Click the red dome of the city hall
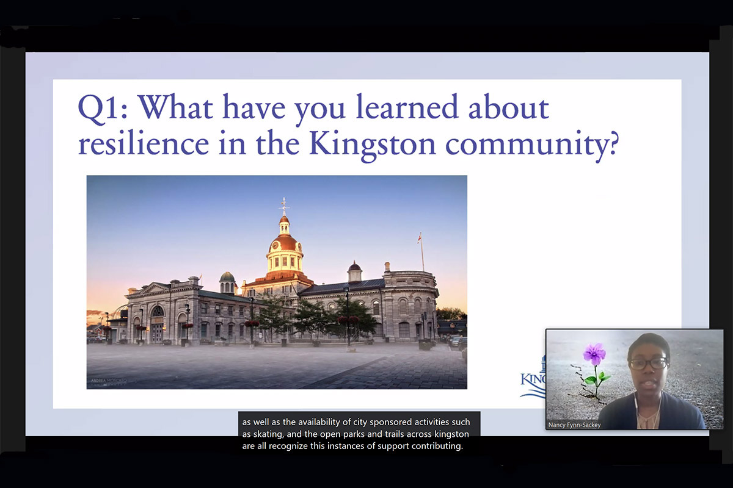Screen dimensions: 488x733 pos(283,242)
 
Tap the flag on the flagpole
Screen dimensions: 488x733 pos(419,237)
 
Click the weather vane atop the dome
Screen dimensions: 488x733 pos(283,205)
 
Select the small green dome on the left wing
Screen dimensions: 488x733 pos(227,278)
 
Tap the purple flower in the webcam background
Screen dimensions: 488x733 pos(594,354)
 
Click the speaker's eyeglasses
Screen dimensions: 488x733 pos(648,364)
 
